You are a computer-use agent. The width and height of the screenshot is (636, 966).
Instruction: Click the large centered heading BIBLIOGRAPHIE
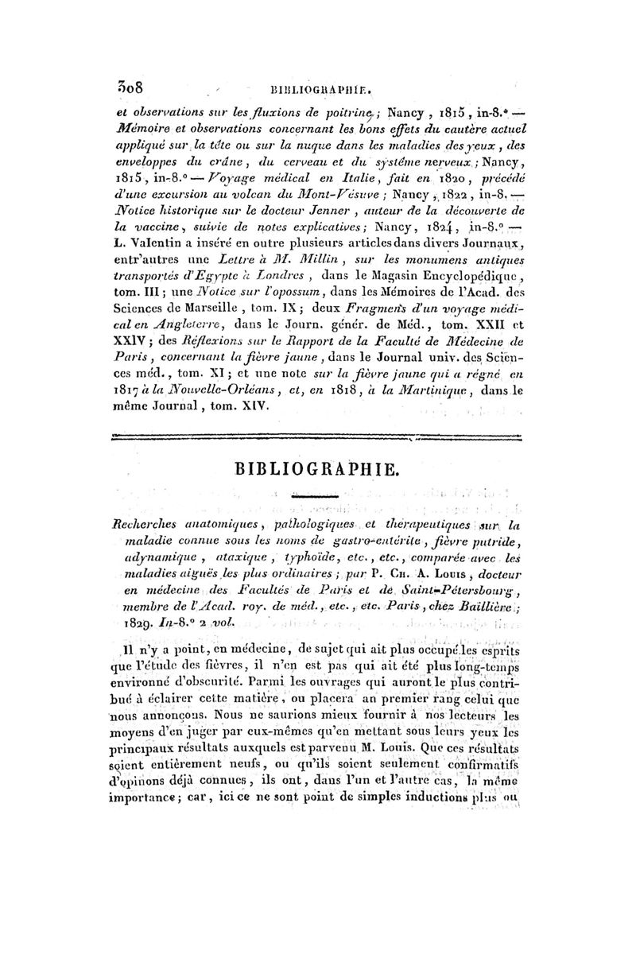point(316,468)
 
